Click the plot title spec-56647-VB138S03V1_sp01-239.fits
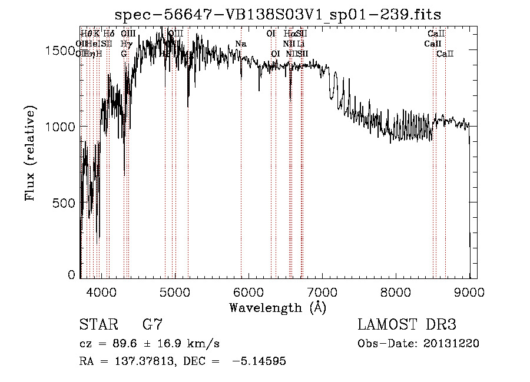pyautogui.click(x=278, y=14)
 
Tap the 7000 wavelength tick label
pyautogui.click(x=322, y=291)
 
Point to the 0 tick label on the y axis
pyautogui.click(x=72, y=275)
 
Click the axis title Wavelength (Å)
pyautogui.click(x=278, y=307)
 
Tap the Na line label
pyautogui.click(x=241, y=44)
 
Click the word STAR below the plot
pyautogui.click(x=97, y=325)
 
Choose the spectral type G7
pyautogui.click(x=153, y=325)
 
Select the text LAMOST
pyautogui.click(x=389, y=325)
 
